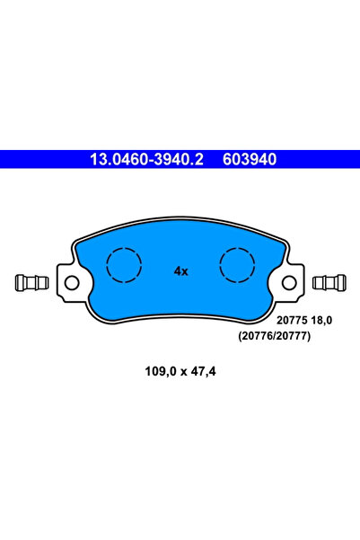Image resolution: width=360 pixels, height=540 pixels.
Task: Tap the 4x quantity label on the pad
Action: tap(180, 270)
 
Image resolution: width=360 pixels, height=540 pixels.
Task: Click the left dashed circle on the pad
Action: tap(125, 265)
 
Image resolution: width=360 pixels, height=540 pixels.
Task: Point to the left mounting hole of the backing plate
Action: tap(72, 283)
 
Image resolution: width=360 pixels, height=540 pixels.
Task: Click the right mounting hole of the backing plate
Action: tap(288, 283)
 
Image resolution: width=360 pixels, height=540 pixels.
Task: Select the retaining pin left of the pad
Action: tap(32, 283)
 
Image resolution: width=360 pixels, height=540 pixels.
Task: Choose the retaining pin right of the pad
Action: tap(329, 283)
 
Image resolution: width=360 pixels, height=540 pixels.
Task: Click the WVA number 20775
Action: tap(290, 320)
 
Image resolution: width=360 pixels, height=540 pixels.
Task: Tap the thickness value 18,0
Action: tap(323, 320)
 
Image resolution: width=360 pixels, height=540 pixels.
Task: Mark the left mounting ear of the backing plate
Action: tap(70, 280)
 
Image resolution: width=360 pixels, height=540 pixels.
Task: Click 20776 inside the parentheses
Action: tap(259, 335)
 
